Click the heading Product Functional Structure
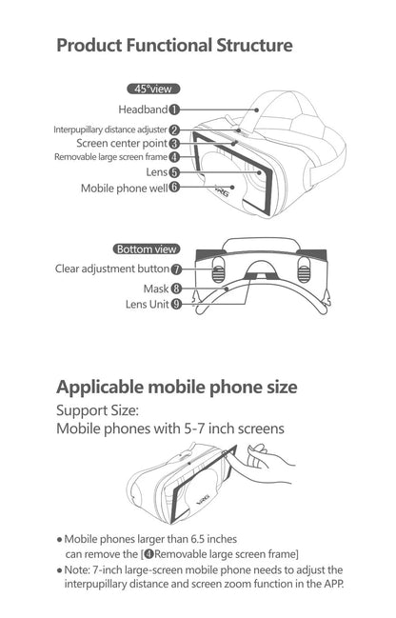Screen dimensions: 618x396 pyautogui.click(x=173, y=45)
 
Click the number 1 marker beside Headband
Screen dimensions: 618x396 pyautogui.click(x=175, y=110)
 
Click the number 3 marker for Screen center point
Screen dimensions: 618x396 pyautogui.click(x=175, y=143)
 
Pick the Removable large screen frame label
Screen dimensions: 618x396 pyautogui.click(x=110, y=157)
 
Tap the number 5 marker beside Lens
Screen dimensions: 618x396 pyautogui.click(x=175, y=172)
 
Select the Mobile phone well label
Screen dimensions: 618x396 pyautogui.click(x=123, y=189)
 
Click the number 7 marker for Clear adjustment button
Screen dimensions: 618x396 pyautogui.click(x=177, y=269)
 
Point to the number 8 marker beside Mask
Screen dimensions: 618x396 pyautogui.click(x=177, y=288)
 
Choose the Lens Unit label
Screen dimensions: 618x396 pyautogui.click(x=147, y=305)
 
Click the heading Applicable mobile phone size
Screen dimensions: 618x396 pyautogui.click(x=177, y=388)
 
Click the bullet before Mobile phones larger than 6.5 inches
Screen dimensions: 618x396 pyautogui.click(x=58, y=538)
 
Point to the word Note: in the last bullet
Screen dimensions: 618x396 pyautogui.click(x=78, y=569)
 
